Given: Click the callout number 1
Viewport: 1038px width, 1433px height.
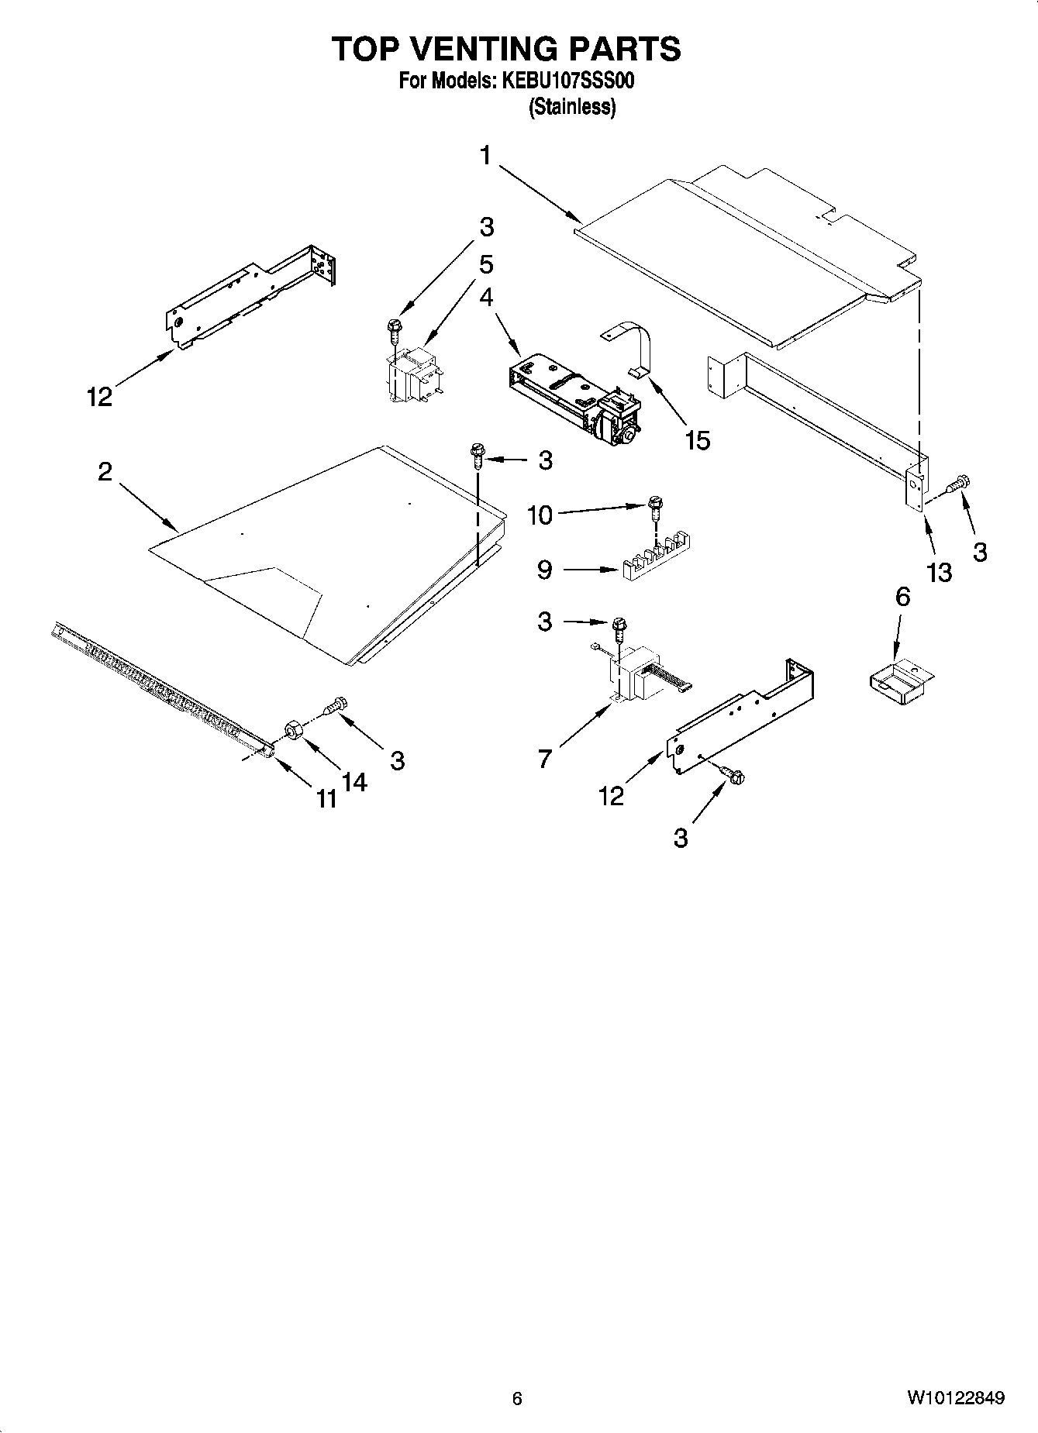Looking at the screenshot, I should [485, 156].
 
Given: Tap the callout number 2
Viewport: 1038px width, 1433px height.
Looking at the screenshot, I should [105, 471].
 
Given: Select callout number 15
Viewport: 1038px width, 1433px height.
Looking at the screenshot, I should [698, 440].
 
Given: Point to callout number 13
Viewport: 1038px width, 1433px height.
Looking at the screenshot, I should [939, 572].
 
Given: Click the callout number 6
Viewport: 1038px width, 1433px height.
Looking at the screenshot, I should [902, 597].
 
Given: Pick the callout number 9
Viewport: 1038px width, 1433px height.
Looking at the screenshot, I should [545, 570].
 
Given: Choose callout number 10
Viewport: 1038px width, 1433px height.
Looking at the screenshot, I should [540, 515].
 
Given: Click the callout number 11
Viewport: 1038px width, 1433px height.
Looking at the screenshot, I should [326, 798].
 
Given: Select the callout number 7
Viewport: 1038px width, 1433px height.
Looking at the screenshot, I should [545, 759].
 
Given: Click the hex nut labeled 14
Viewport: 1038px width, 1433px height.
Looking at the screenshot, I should [294, 730].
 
